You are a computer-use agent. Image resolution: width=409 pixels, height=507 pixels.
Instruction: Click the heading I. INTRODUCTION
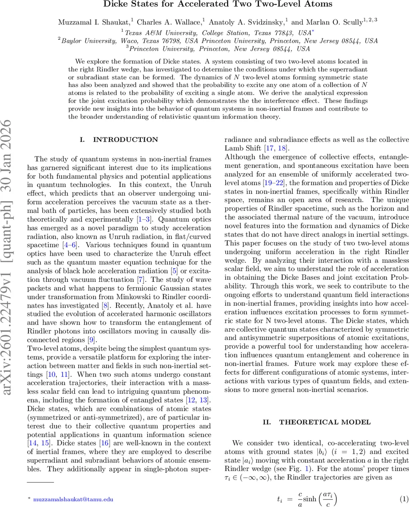120,139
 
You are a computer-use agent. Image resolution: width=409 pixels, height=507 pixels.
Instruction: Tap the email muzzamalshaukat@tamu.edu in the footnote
74,499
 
